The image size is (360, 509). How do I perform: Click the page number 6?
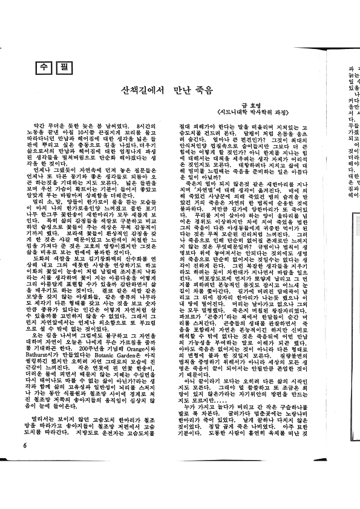pyautogui.click(x=25, y=462)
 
